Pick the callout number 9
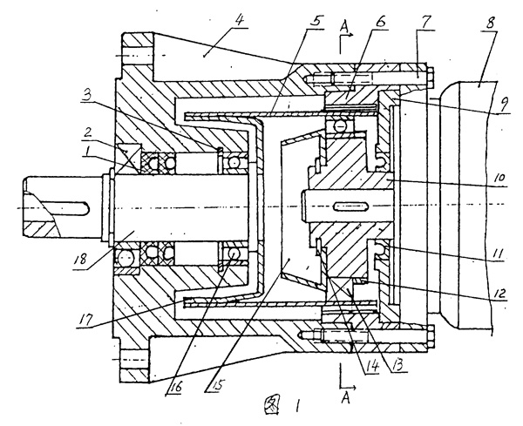coord(499,110)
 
